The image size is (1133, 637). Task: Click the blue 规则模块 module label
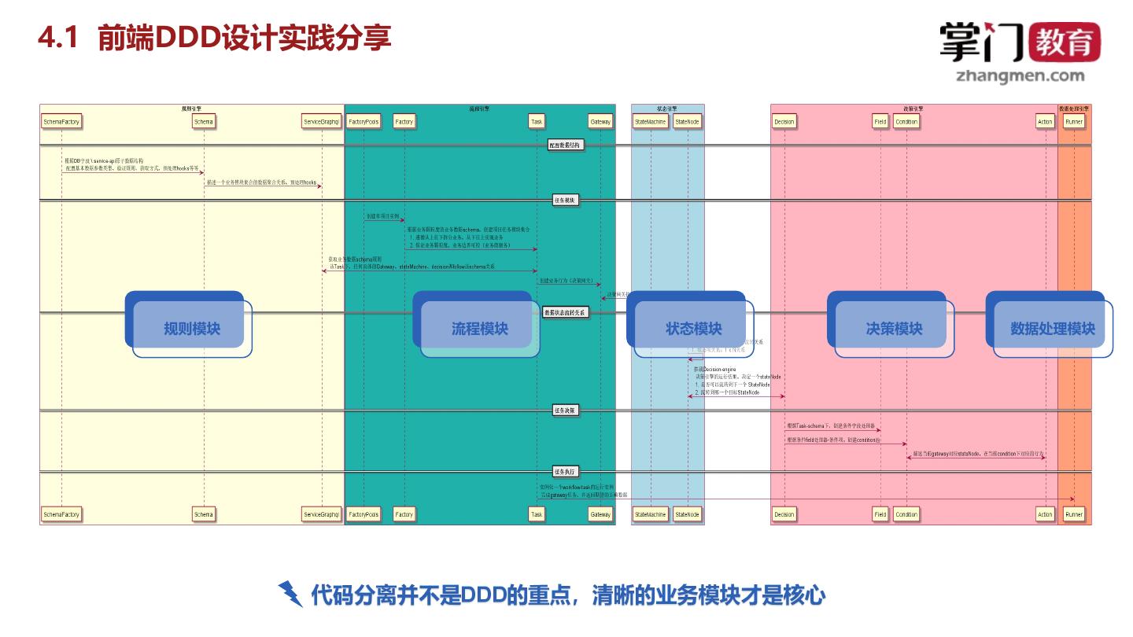pos(191,328)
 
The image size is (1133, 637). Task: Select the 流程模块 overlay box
pos(479,328)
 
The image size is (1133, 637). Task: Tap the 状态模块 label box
pos(693,328)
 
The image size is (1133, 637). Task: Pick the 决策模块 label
pos(894,328)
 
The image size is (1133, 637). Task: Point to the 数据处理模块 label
pos(1052,328)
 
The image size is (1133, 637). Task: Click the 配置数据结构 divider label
pos(566,145)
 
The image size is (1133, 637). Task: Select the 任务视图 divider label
pos(566,201)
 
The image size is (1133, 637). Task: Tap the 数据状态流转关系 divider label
pos(566,312)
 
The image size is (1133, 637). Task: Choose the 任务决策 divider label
pos(566,411)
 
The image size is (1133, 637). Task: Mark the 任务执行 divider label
pos(566,472)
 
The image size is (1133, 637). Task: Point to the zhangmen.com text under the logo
pos(1020,76)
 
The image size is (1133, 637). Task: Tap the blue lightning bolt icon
pos(290,594)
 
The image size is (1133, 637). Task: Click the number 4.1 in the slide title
pos(59,38)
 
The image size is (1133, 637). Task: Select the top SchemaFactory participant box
pos(61,122)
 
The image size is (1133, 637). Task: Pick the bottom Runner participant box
pos(1074,514)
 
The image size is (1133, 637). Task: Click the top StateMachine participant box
pos(651,122)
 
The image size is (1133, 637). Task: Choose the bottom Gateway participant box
pos(600,514)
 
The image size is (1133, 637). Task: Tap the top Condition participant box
pos(906,122)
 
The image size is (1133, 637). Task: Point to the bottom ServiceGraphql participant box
pos(322,514)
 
